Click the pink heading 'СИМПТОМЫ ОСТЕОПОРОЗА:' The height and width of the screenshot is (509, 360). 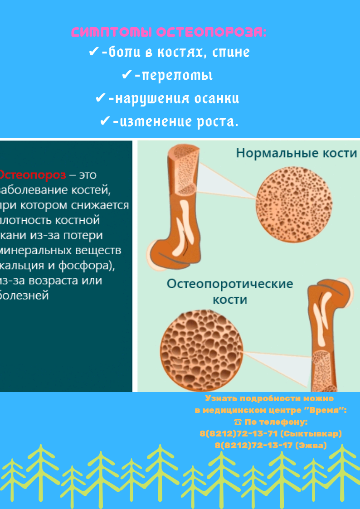coord(169,32)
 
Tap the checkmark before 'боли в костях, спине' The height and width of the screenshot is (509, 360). coord(93,52)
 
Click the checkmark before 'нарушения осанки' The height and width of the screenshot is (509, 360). coord(101,98)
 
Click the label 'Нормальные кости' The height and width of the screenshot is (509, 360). coord(297,153)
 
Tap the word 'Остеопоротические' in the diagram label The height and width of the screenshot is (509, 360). coord(230,284)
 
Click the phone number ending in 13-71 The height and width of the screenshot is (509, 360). coord(238,434)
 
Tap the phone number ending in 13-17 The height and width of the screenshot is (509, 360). coord(253,446)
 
